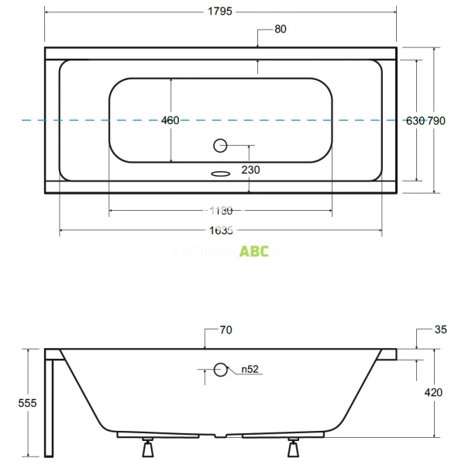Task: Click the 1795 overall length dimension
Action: click(221, 12)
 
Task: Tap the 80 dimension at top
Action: click(280, 30)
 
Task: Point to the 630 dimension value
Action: click(415, 120)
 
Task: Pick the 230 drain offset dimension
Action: click(250, 170)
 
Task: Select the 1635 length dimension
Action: click(222, 229)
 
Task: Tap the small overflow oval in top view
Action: click(221, 174)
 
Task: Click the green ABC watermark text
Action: click(254, 251)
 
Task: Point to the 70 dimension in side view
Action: click(226, 330)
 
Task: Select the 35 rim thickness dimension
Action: click(440, 330)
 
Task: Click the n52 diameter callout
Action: click(248, 370)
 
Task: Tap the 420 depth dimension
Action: click(434, 393)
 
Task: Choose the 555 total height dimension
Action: click(27, 403)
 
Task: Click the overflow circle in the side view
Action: click(221, 370)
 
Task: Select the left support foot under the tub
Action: click(146, 446)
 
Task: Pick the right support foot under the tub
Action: click(294, 446)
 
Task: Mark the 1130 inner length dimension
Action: click(221, 210)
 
